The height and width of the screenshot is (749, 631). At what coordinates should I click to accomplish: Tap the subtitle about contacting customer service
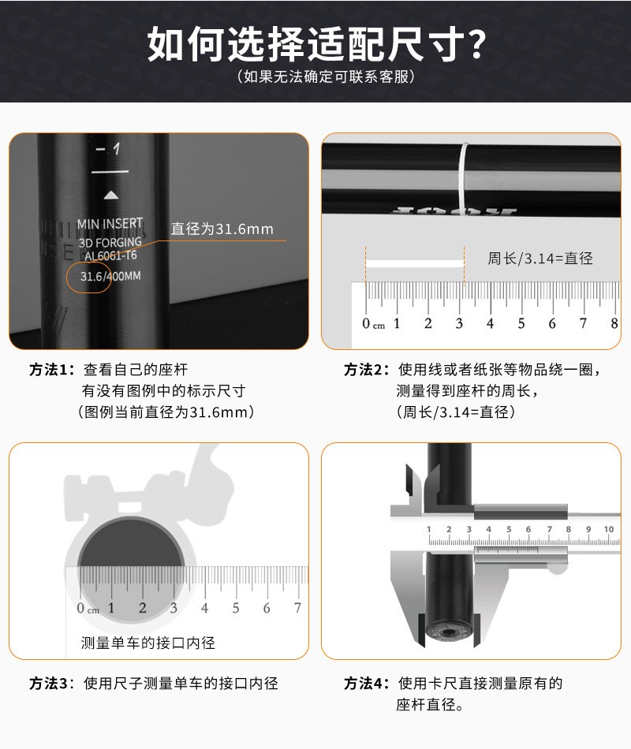click(x=315, y=77)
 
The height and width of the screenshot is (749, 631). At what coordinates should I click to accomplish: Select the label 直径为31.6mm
click(x=222, y=229)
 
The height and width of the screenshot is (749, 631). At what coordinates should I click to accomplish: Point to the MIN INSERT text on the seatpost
click(x=110, y=224)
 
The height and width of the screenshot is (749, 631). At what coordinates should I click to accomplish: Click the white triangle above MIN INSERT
click(x=112, y=195)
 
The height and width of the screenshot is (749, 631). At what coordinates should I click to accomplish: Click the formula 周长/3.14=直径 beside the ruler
click(x=540, y=259)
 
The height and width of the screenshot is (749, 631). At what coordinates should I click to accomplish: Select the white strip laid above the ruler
click(x=415, y=262)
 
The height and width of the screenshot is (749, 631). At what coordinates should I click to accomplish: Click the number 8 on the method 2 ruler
click(x=614, y=323)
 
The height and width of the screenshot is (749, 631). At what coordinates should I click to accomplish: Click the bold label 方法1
click(x=51, y=370)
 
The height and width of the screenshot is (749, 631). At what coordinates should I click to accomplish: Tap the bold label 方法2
click(x=367, y=370)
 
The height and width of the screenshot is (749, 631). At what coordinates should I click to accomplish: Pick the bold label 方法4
click(x=367, y=683)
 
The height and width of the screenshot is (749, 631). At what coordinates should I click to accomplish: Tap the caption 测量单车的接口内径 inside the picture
click(x=147, y=643)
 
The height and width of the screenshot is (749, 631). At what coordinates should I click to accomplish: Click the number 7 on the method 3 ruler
click(x=297, y=608)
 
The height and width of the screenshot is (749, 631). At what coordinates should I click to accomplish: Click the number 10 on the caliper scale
click(x=608, y=529)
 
